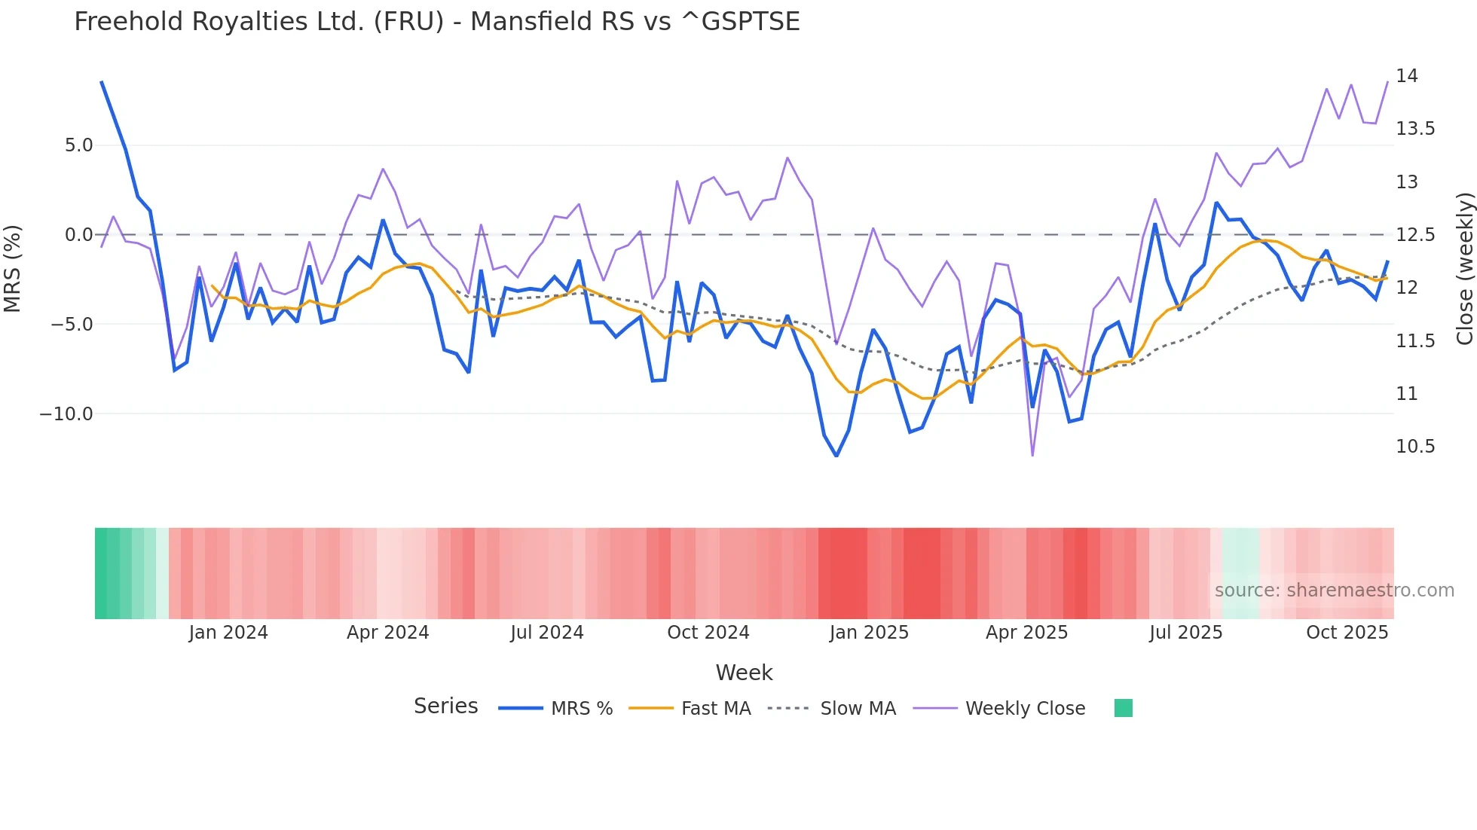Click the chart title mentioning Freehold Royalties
[437, 22]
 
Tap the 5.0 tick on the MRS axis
[78, 145]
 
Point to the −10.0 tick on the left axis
[66, 414]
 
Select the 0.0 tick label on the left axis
[78, 235]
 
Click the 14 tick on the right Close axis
[1406, 76]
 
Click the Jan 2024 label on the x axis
[228, 633]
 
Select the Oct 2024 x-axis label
[708, 633]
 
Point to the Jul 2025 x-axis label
[1185, 633]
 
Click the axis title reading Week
[744, 673]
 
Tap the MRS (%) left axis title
[13, 268]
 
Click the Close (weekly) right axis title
[1464, 268]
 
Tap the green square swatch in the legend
[1123, 708]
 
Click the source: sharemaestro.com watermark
[1334, 590]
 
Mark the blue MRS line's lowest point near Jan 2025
[836, 456]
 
